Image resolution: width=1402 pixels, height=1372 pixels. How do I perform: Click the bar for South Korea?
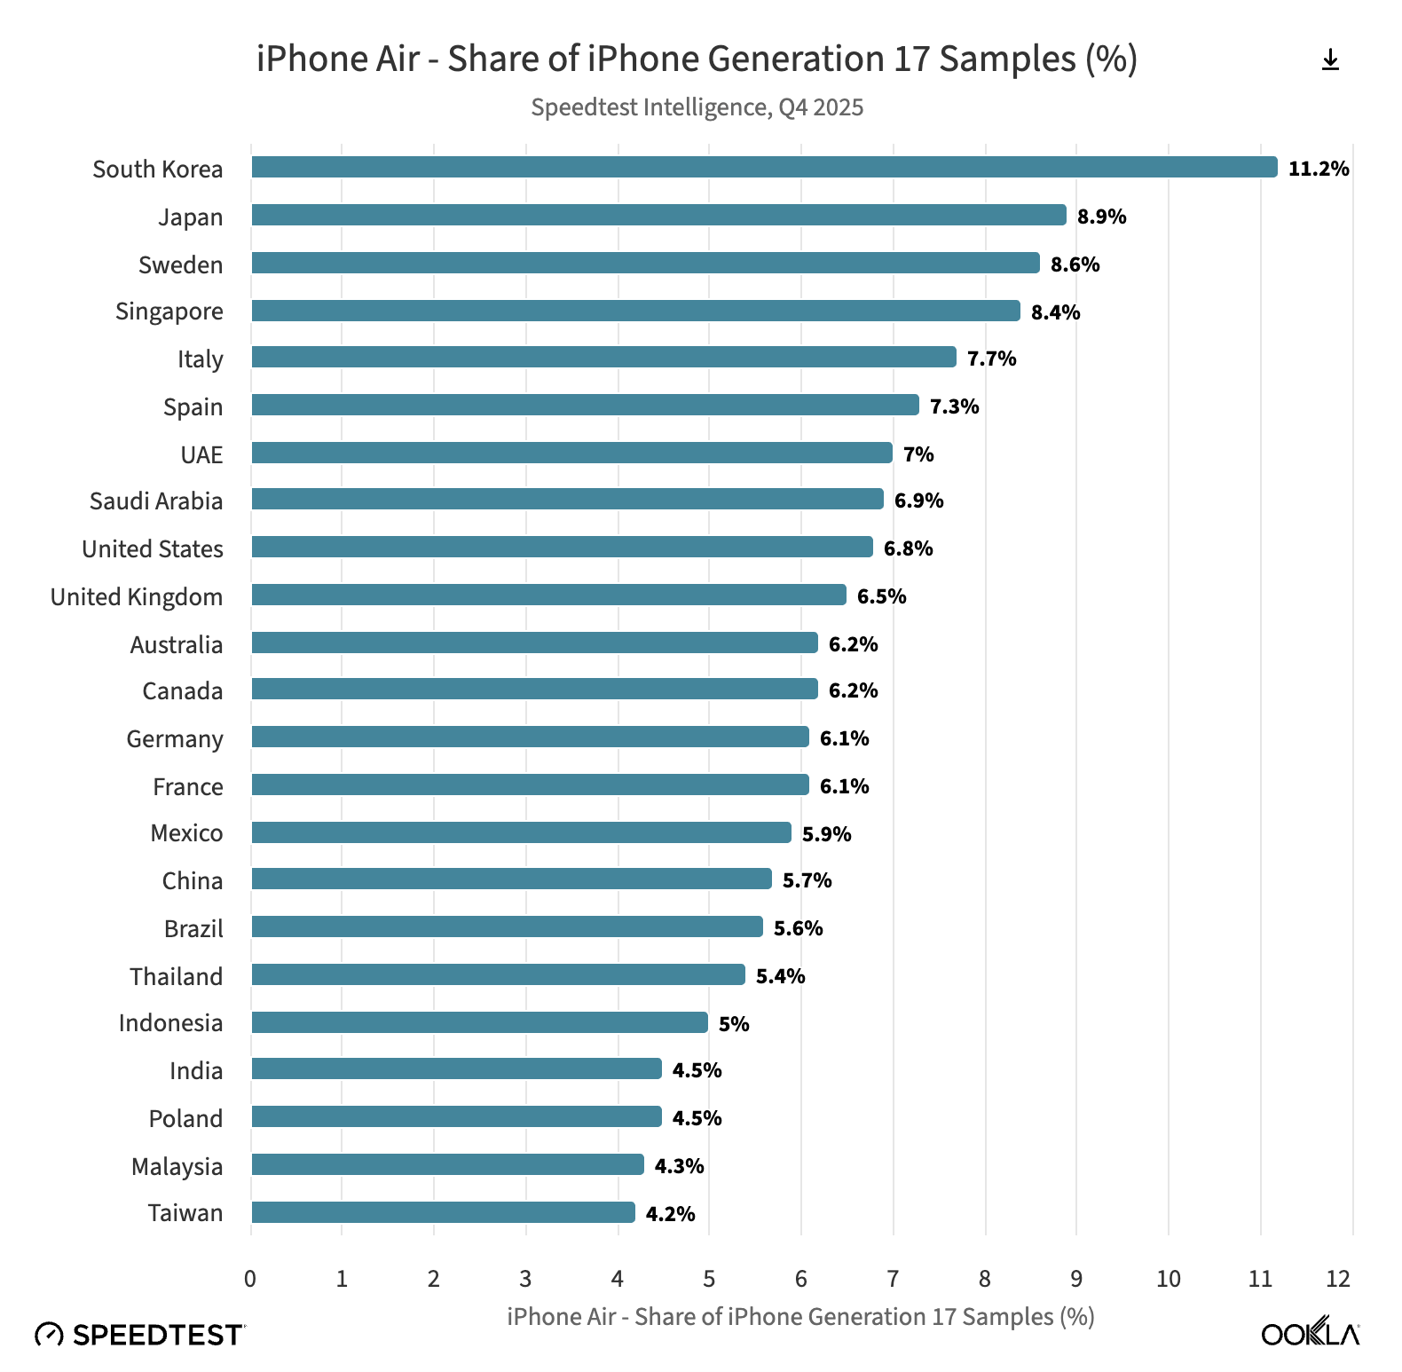click(763, 167)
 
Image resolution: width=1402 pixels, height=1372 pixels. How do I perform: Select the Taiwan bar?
click(442, 1212)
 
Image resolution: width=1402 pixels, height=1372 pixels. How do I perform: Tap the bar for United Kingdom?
click(547, 595)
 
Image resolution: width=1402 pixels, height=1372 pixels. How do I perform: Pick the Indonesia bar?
click(479, 1022)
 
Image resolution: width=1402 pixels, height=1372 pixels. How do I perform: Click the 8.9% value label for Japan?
click(1101, 217)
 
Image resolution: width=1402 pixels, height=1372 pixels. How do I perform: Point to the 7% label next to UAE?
click(918, 454)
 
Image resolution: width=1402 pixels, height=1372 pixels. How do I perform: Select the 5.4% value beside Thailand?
click(780, 976)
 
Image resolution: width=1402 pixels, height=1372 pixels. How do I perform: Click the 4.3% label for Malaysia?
click(679, 1166)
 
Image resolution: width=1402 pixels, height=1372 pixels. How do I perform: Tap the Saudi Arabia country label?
click(156, 501)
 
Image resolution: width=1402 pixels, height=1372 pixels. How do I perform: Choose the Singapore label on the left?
click(169, 311)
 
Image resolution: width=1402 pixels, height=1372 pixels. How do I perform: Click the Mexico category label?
click(186, 833)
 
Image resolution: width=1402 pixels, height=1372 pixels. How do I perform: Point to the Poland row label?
click(185, 1118)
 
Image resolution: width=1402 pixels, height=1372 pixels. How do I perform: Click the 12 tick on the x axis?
click(1338, 1279)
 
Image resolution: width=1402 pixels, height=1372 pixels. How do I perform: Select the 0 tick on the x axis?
click(250, 1279)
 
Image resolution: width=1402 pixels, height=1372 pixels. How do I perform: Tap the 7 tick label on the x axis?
click(893, 1279)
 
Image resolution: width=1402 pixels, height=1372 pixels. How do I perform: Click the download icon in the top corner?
click(1330, 60)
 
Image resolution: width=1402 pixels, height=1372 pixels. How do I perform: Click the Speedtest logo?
click(139, 1335)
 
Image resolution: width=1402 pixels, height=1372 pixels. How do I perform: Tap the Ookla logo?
click(1310, 1333)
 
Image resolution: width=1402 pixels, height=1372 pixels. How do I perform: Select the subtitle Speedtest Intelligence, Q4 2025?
click(697, 107)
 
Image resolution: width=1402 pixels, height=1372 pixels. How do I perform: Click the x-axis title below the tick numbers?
click(800, 1316)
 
